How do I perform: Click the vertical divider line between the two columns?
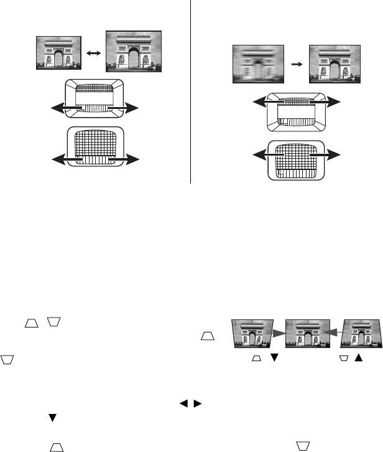coord(189,93)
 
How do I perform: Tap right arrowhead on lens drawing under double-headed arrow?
coord(132,108)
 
